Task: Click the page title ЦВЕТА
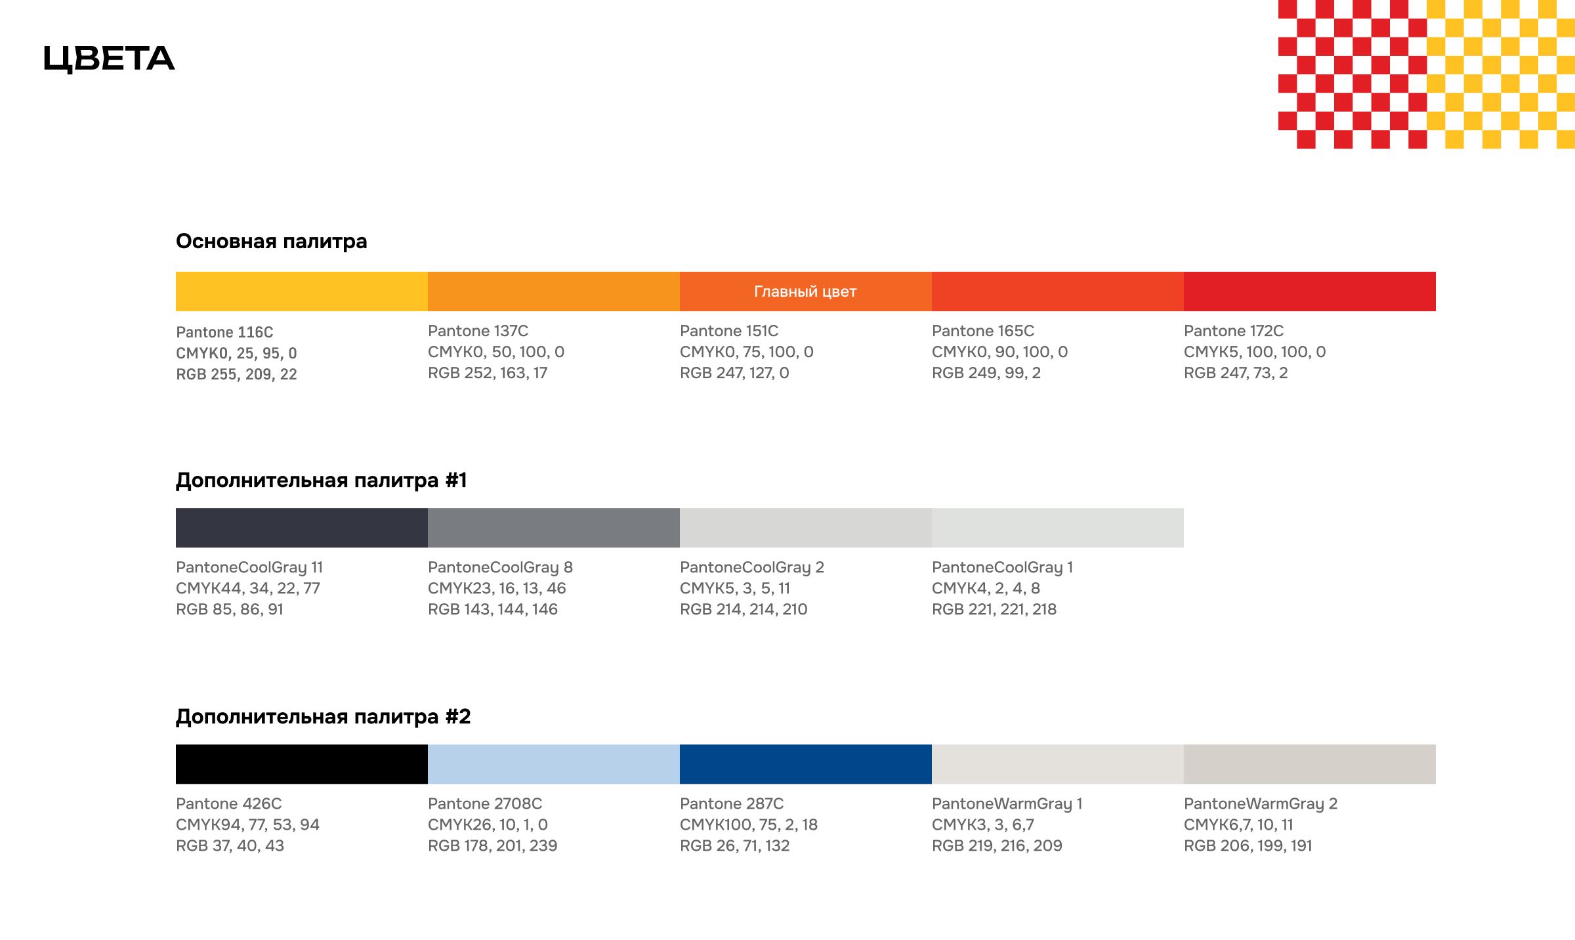coord(109,58)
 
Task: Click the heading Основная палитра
coord(271,241)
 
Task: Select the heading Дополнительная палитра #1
coord(321,480)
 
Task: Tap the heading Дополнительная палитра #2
coord(323,716)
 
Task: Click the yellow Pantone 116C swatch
coord(301,291)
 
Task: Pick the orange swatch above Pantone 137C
coord(553,291)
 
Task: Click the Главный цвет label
coord(805,291)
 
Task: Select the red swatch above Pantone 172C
coord(1309,291)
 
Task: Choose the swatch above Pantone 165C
coord(1057,291)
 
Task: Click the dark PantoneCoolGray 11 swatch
coord(301,528)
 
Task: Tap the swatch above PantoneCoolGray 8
coord(553,528)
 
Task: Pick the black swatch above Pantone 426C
coord(301,764)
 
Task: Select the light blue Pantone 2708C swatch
coord(553,764)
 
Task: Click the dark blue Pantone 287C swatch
coord(805,764)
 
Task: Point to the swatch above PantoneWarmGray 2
coord(1309,764)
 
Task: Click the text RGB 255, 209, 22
coord(236,374)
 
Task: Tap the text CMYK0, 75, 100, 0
coord(746,352)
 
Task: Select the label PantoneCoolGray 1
coord(1002,567)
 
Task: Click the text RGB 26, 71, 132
coord(734,845)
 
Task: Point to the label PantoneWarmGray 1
coord(1007,803)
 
